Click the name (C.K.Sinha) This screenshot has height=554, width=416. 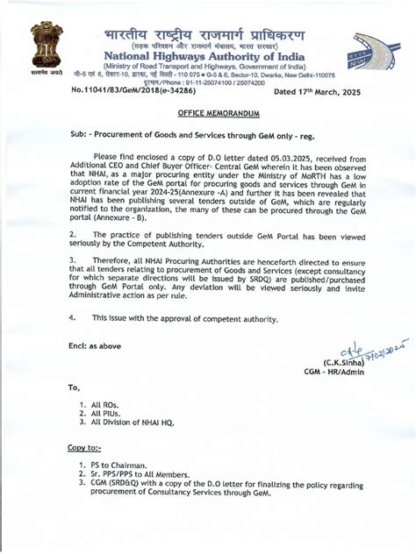345,362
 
